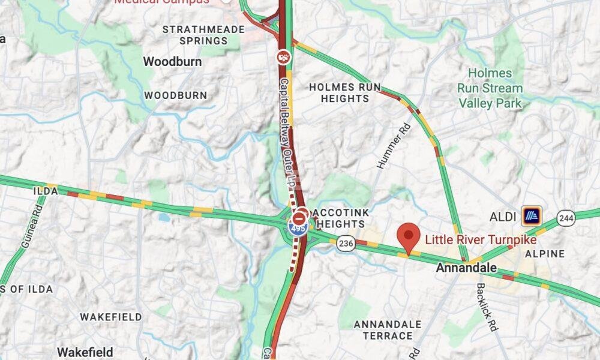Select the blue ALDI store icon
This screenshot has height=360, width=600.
point(531,215)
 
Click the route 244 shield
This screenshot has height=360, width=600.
point(566,217)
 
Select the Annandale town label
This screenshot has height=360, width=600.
point(466,268)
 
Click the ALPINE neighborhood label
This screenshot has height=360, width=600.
point(545,254)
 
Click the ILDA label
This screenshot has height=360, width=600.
point(46,191)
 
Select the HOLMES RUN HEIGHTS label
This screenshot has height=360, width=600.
point(345,92)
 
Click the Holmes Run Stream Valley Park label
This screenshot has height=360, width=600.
point(490,88)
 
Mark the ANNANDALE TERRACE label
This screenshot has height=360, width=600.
point(387,329)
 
